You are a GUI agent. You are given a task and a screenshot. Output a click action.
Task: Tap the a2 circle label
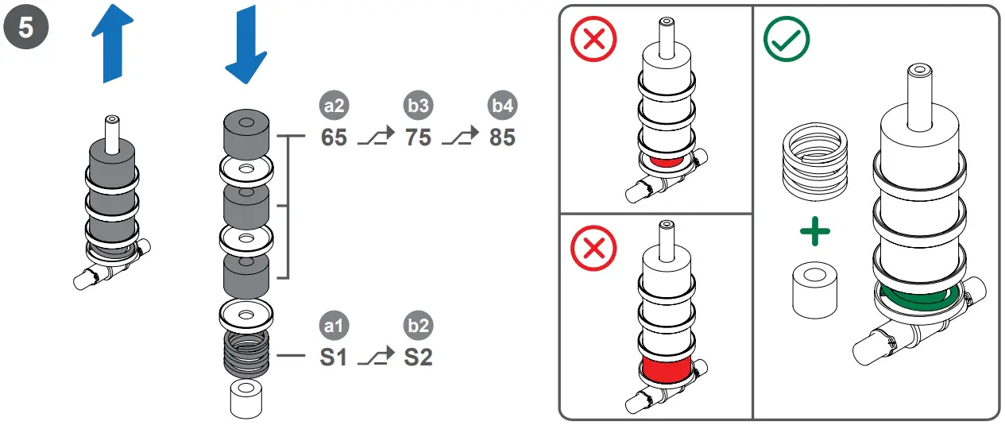point(334,107)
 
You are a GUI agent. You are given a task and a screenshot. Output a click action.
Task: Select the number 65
point(334,137)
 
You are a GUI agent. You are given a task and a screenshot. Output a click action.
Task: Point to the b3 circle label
point(418,107)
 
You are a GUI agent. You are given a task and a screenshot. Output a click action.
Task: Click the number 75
point(418,137)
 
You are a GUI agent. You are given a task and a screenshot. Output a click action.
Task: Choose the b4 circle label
point(502,107)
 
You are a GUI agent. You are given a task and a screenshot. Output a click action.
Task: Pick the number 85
point(502,137)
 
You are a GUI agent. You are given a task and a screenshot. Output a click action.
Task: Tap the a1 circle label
point(334,327)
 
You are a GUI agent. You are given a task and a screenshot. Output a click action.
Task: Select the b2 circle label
point(418,327)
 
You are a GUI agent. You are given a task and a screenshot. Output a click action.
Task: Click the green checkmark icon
point(786,39)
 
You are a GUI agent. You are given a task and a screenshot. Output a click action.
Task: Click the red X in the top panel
point(593,39)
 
